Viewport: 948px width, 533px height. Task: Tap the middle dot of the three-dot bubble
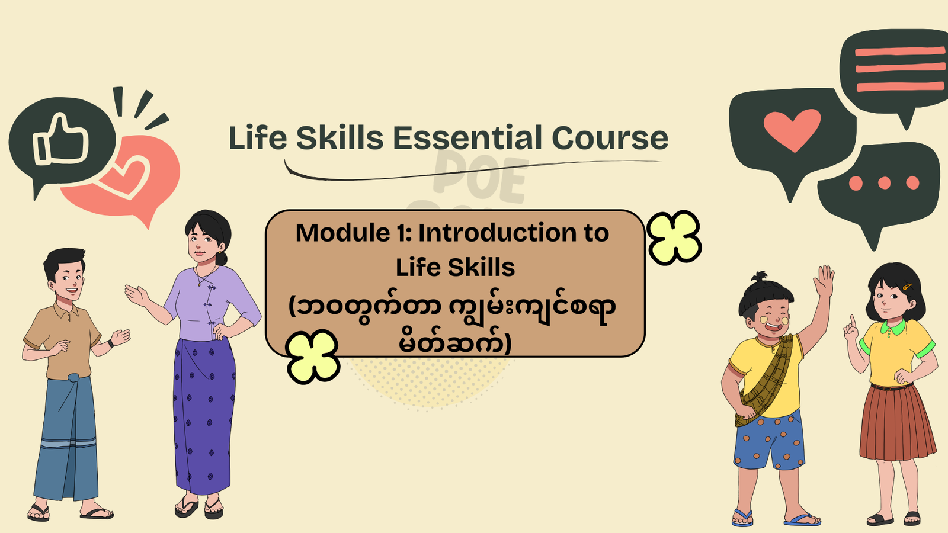884,183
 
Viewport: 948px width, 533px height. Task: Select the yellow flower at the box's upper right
674,237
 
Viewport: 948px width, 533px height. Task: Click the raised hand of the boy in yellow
824,281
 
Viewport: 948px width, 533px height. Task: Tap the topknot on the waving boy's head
760,277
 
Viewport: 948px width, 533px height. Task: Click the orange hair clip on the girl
907,287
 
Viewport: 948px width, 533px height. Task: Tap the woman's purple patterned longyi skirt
203,415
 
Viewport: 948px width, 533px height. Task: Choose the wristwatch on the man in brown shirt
111,343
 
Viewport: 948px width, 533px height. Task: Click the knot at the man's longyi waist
73,377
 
